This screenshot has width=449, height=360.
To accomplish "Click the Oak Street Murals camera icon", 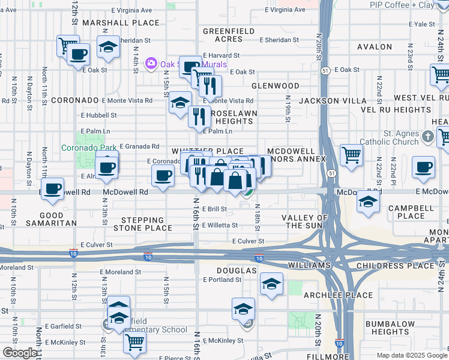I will [x=151, y=64].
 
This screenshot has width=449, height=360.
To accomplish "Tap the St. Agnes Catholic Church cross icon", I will [x=427, y=136].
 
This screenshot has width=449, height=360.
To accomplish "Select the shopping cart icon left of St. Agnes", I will [x=351, y=155].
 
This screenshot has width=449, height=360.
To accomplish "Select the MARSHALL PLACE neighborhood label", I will [x=121, y=23].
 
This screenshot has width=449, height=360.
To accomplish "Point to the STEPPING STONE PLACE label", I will [x=146, y=224].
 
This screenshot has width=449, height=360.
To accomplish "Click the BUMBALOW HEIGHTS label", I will [x=387, y=328].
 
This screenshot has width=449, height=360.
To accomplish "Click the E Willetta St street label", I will [x=220, y=226].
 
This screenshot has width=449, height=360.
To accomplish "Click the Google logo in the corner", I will [x=20, y=353].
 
